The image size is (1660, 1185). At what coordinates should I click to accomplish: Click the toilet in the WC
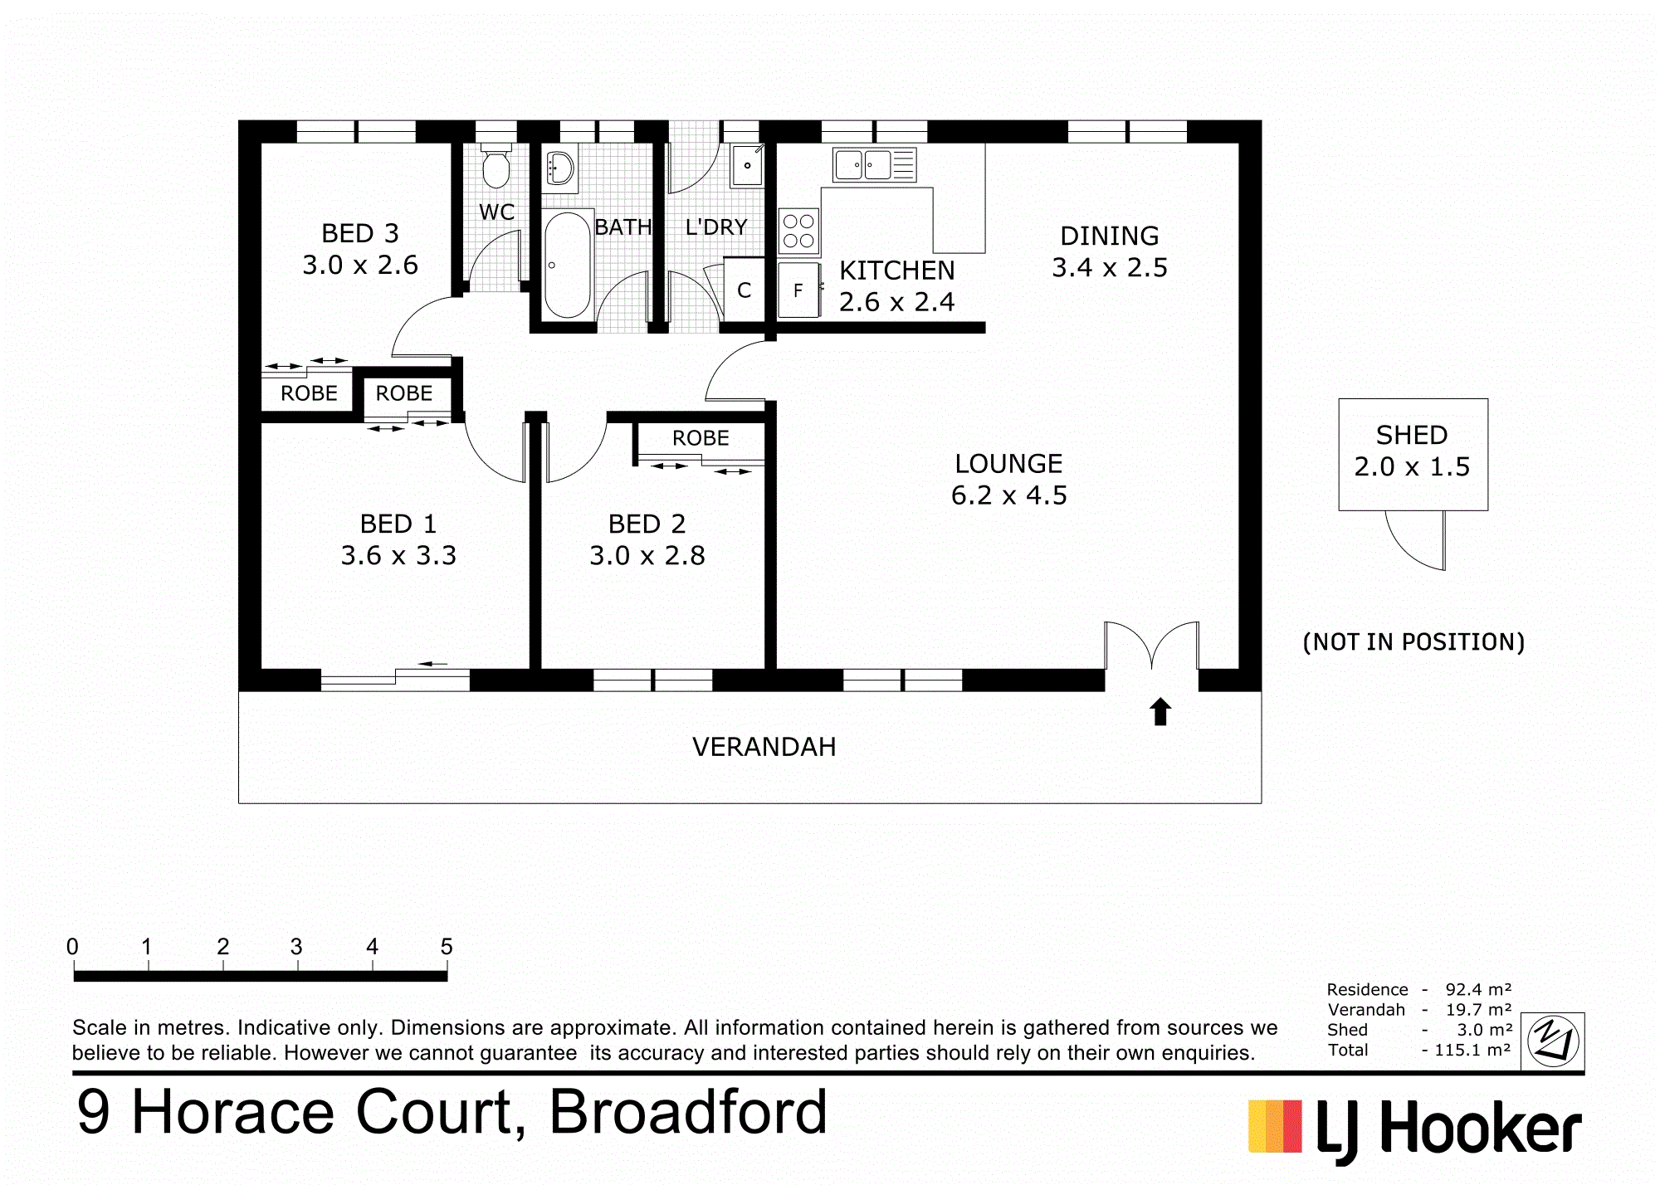[496, 166]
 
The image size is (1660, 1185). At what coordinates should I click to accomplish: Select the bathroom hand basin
[560, 168]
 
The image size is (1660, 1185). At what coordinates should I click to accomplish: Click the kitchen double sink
[875, 165]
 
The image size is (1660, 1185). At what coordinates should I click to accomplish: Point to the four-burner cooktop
[798, 232]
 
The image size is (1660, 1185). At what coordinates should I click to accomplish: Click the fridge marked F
[798, 290]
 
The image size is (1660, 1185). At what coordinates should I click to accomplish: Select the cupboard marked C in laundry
[744, 290]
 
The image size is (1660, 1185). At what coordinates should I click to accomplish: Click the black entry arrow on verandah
[1160, 711]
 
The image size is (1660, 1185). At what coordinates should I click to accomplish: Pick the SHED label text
[1412, 435]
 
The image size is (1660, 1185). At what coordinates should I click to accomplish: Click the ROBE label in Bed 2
[701, 438]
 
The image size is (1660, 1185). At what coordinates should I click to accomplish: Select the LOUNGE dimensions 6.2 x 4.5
[1009, 495]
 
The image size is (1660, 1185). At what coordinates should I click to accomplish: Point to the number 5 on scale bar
[447, 946]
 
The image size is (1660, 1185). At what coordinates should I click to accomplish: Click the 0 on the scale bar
[73, 946]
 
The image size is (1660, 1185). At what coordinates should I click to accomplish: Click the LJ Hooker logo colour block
[1276, 1126]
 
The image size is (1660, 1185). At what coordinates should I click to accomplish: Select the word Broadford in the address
[688, 1112]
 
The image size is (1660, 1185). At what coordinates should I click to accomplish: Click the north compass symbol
[1553, 1041]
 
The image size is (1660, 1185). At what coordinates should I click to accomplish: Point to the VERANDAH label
[764, 747]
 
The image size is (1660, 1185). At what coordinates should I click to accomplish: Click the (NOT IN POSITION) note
[1413, 641]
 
